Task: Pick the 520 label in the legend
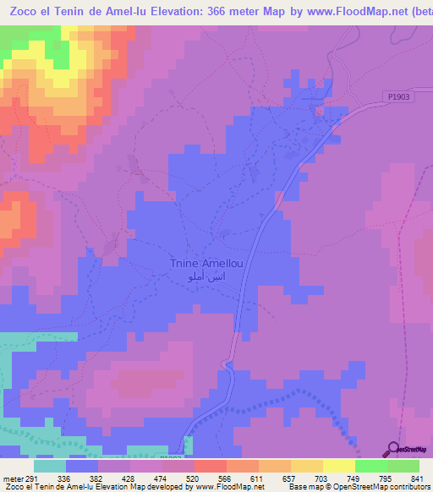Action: click(x=191, y=478)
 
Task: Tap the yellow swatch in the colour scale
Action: click(x=338, y=466)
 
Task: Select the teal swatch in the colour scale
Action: click(x=50, y=466)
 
